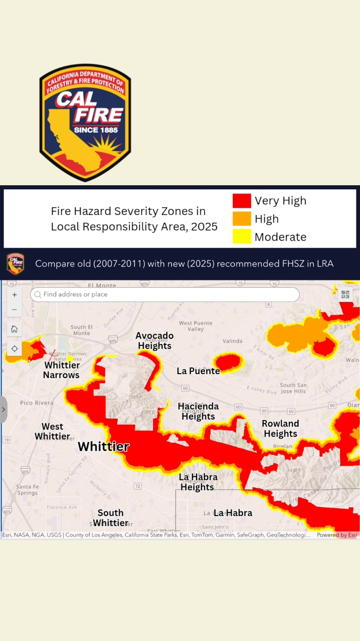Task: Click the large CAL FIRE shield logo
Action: pyautogui.click(x=85, y=123)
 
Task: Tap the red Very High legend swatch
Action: pyautogui.click(x=242, y=201)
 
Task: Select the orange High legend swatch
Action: pyautogui.click(x=242, y=219)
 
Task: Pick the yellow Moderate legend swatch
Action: pyautogui.click(x=242, y=237)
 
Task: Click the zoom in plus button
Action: pyautogui.click(x=14, y=295)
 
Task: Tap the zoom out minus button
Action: pyautogui.click(x=14, y=310)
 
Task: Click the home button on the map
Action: pyautogui.click(x=14, y=329)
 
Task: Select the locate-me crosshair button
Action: pyautogui.click(x=14, y=348)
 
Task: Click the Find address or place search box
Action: pyautogui.click(x=165, y=294)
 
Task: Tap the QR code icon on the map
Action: pyautogui.click(x=345, y=294)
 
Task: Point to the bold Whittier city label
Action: pyautogui.click(x=103, y=446)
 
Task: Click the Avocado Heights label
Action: pyautogui.click(x=155, y=341)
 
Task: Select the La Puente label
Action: pyautogui.click(x=198, y=371)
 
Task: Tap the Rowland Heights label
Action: pyautogui.click(x=280, y=429)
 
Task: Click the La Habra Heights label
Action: pyautogui.click(x=198, y=482)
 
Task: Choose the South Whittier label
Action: pyautogui.click(x=110, y=518)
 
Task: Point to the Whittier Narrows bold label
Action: pyautogui.click(x=61, y=370)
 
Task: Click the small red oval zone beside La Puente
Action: pyautogui.click(x=229, y=362)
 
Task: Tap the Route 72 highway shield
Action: pyautogui.click(x=137, y=486)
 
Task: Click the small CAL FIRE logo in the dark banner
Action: pyautogui.click(x=15, y=264)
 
